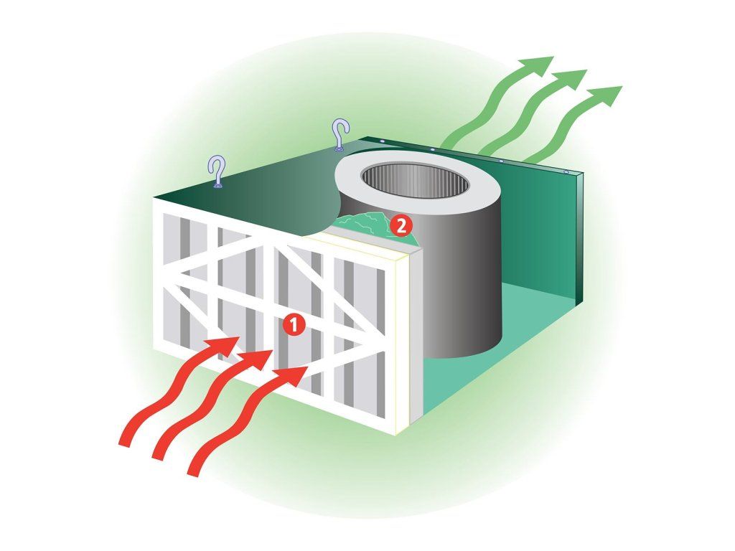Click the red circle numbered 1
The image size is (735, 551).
coord(293,325)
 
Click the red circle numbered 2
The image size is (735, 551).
coord(401,226)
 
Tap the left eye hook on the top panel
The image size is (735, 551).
coord(217,172)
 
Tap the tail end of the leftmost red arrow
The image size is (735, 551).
coord(125,440)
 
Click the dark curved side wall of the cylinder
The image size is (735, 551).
coord(459,287)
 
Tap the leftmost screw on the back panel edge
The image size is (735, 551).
coord(383,141)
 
